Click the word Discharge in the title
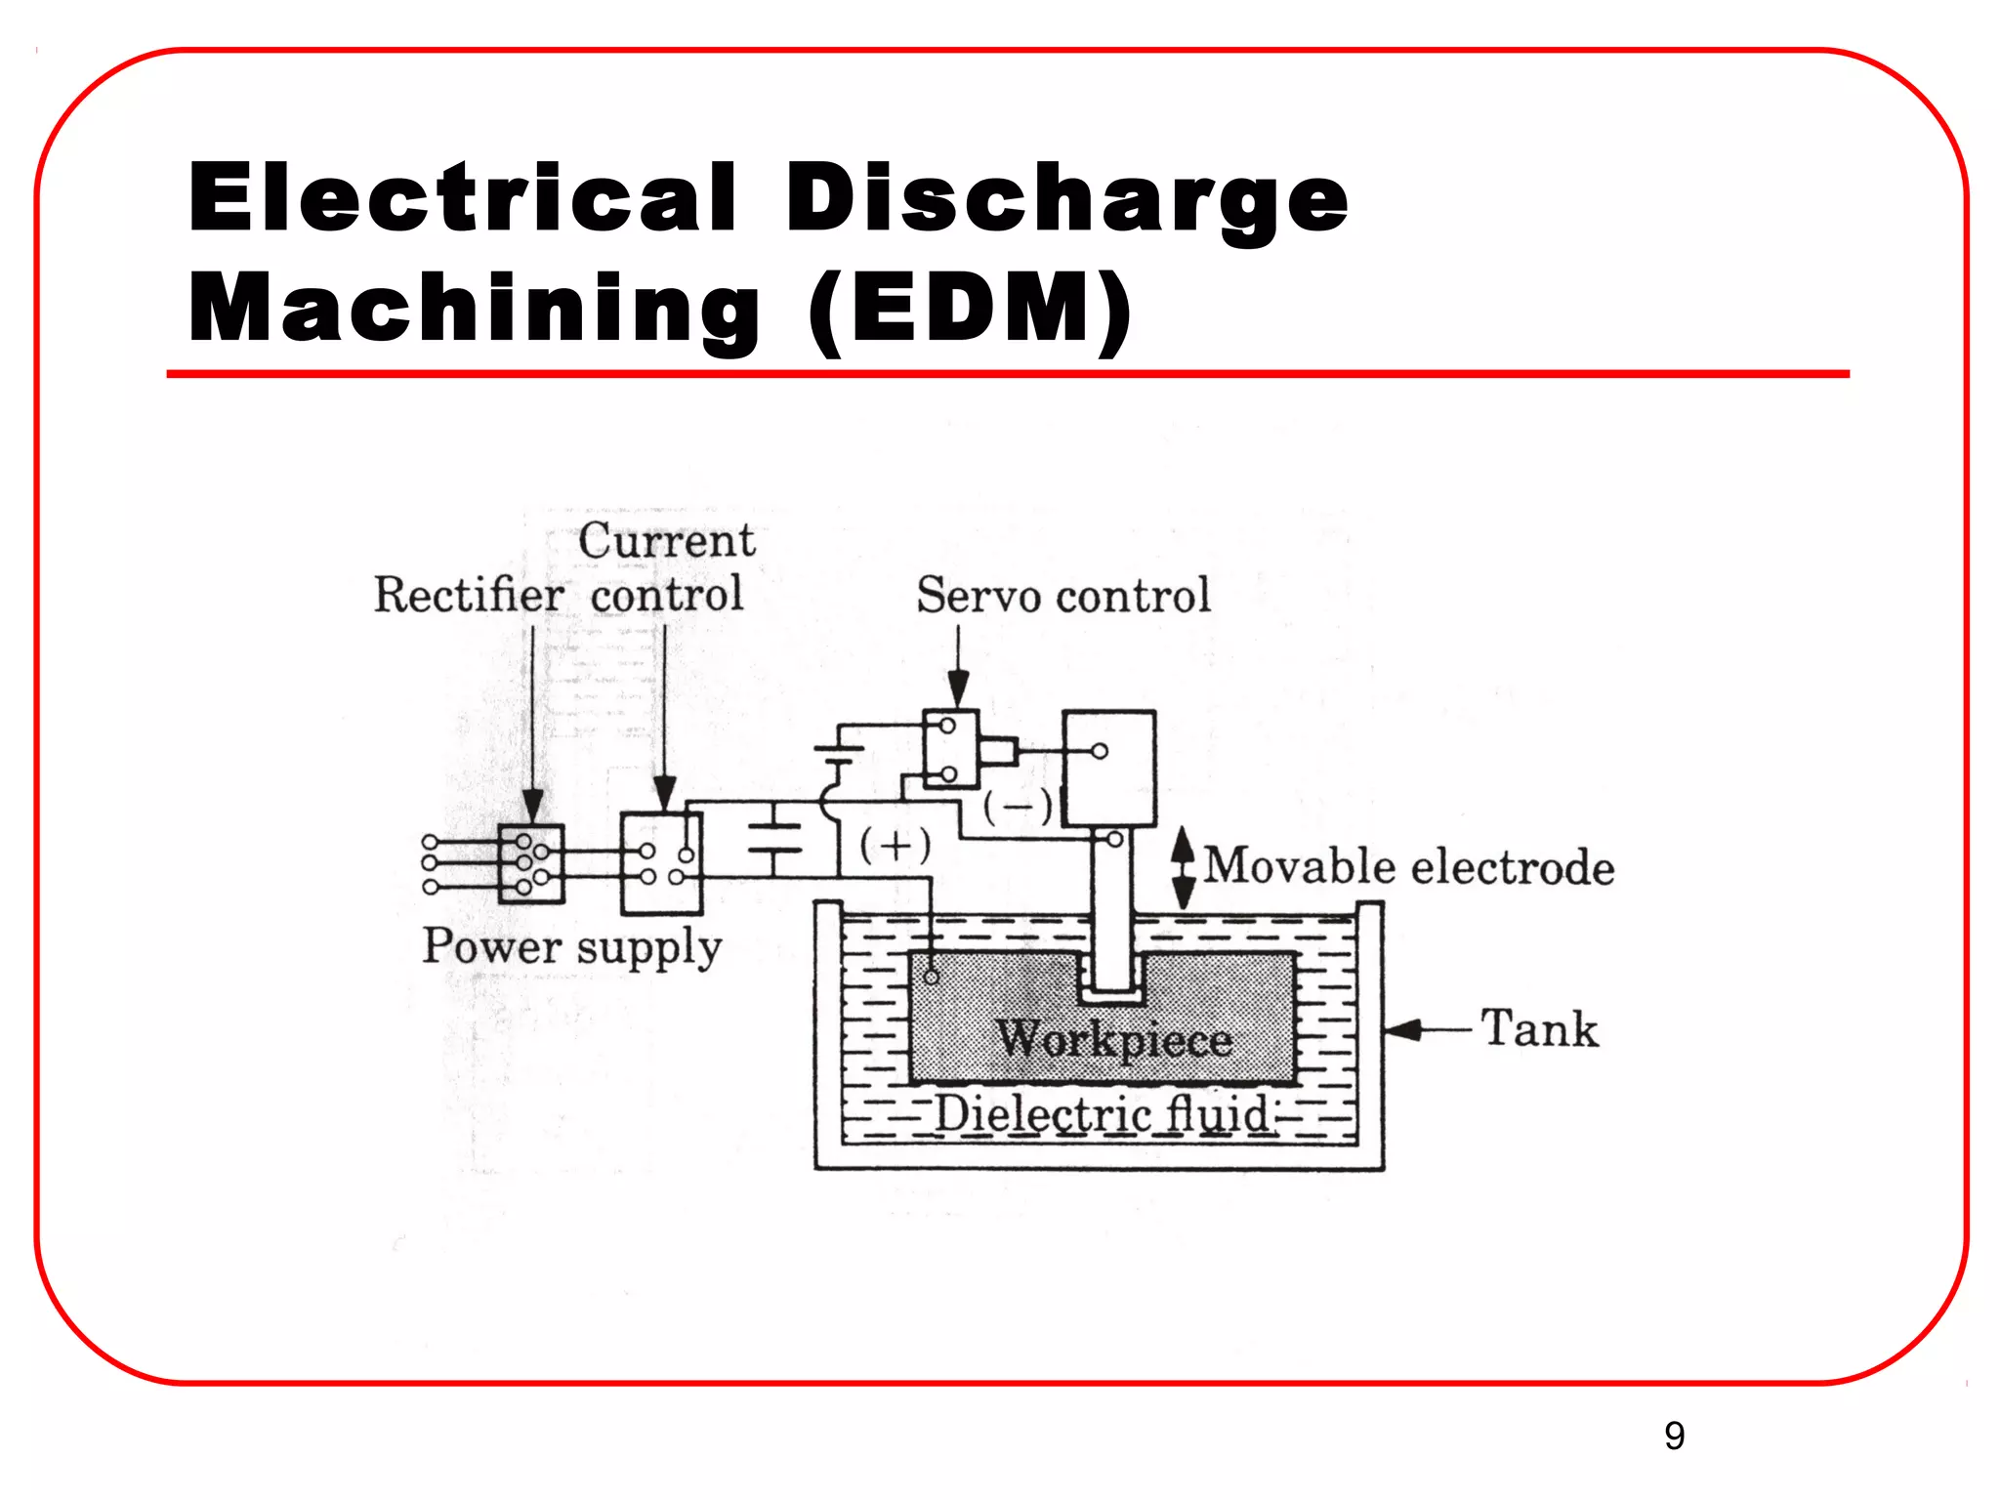1066,200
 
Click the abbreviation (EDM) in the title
970,310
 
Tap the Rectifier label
469,595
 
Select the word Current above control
666,541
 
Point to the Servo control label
1062,596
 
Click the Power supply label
571,946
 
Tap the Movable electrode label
1408,867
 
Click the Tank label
1540,1028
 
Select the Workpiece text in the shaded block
1113,1039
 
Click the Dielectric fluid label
1102,1114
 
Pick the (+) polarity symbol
895,845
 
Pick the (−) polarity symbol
1018,807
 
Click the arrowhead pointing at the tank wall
1402,1029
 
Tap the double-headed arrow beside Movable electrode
1183,867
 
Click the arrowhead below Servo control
958,688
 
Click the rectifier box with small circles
531,864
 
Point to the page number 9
1674,1436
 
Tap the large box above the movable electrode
1108,769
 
